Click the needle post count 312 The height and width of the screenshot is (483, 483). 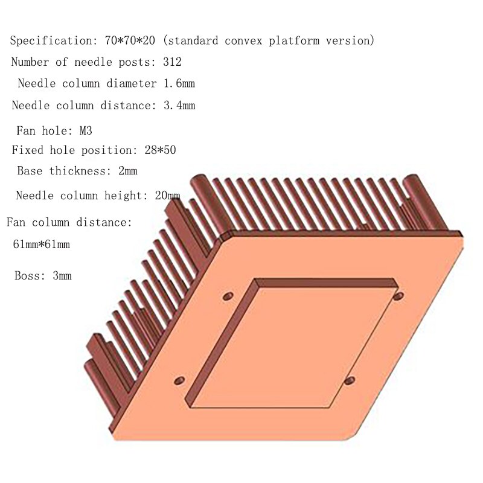pyautogui.click(x=172, y=62)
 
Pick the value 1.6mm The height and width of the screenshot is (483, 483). pyautogui.click(x=178, y=83)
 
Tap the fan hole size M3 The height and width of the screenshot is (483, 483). pyautogui.click(x=83, y=129)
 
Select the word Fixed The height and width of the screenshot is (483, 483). pyautogui.click(x=28, y=150)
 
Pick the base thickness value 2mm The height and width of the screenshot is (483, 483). pyautogui.click(x=128, y=171)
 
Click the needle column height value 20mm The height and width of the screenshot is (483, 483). pyautogui.click(x=167, y=195)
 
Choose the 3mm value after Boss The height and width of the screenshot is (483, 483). pyautogui.click(x=60, y=276)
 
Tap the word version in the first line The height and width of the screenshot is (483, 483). pyautogui.click(x=354, y=41)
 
